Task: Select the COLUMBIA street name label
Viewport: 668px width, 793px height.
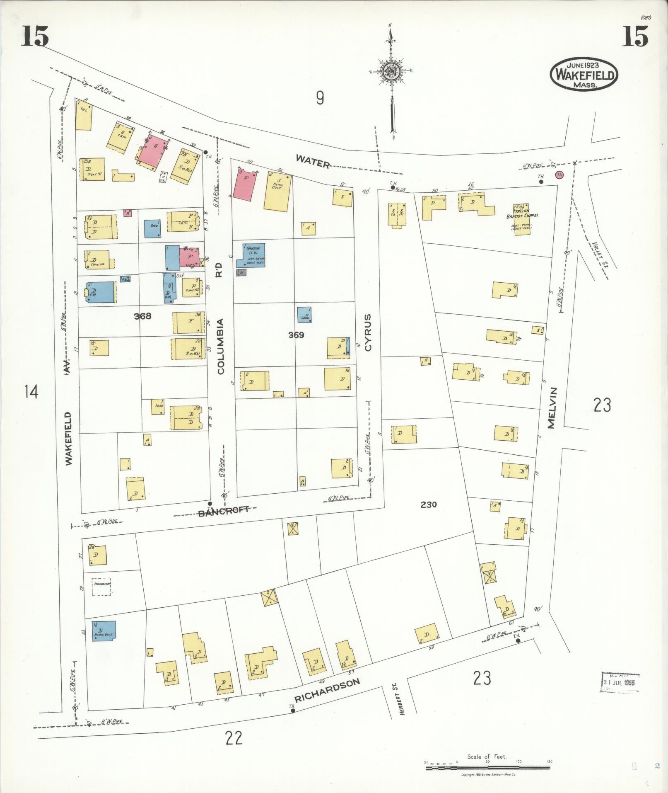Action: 220,346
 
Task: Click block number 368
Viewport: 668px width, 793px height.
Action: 142,316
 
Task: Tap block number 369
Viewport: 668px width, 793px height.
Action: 296,335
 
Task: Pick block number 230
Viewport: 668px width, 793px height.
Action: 428,504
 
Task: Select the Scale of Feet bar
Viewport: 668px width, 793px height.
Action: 488,768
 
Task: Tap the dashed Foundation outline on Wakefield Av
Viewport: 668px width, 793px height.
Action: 101,587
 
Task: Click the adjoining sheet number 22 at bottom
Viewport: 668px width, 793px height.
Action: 234,737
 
